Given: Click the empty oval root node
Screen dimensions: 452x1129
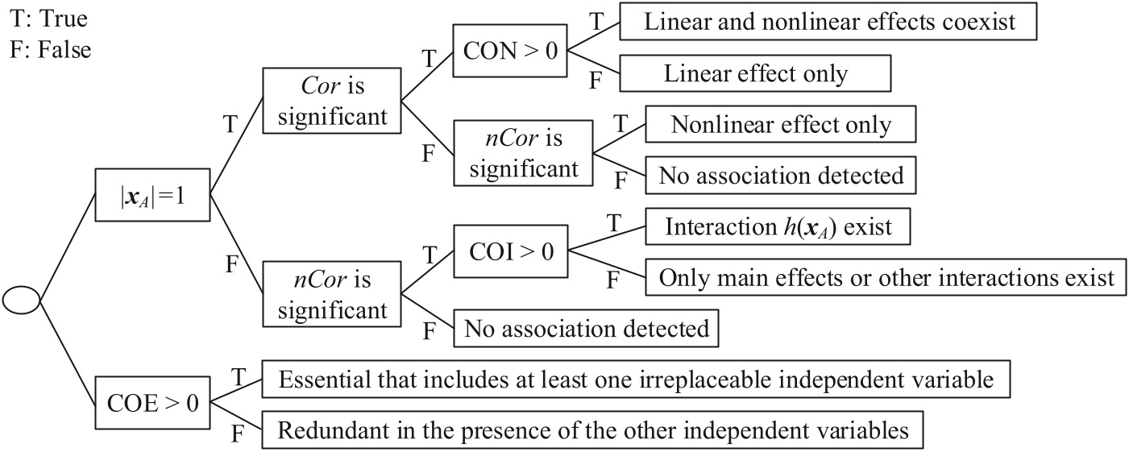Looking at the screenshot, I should click(x=21, y=301).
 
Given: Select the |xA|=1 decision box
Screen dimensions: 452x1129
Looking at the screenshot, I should click(x=152, y=193).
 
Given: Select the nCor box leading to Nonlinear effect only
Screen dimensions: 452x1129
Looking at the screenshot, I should click(x=523, y=153).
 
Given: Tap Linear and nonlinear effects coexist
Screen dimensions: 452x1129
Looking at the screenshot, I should click(x=828, y=23).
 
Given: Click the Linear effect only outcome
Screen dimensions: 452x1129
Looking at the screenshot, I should click(x=755, y=74).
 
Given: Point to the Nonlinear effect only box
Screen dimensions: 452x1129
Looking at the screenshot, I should click(x=781, y=125).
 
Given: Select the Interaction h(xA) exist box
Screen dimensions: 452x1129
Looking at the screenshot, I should click(x=778, y=227).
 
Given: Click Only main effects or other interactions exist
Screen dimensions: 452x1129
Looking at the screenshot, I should click(x=886, y=278).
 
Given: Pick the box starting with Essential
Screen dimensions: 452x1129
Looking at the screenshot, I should click(x=636, y=380).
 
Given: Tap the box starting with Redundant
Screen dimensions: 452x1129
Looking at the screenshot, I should click(x=592, y=431).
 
